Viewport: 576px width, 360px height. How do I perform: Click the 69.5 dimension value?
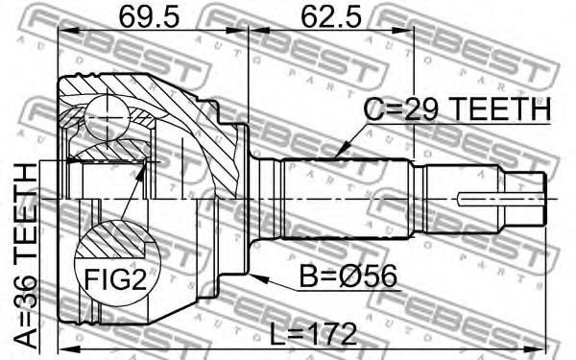(150, 17)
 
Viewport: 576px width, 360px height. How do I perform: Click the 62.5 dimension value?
(330, 17)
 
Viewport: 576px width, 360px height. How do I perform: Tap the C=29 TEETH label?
(457, 109)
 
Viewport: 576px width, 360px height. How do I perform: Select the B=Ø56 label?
(348, 276)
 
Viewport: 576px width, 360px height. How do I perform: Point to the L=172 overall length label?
(314, 334)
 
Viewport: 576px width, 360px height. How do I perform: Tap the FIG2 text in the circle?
(116, 279)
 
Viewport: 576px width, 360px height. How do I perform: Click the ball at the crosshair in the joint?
(107, 117)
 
